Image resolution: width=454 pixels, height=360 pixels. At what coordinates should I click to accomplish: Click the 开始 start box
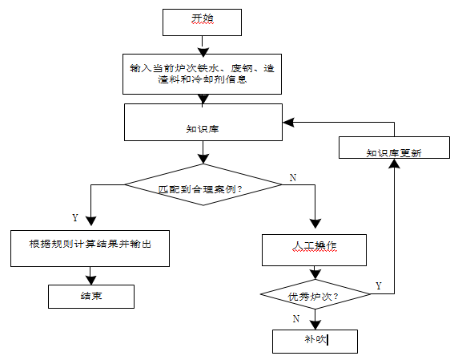pyautogui.click(x=202, y=22)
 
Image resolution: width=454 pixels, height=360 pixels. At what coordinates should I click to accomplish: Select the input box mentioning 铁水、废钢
pyautogui.click(x=203, y=75)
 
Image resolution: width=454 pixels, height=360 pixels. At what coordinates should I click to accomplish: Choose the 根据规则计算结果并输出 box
pyautogui.click(x=90, y=248)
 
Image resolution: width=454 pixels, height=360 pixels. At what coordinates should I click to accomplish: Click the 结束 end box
pyautogui.click(x=90, y=296)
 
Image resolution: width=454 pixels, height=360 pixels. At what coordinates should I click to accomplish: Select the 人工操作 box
pyautogui.click(x=315, y=249)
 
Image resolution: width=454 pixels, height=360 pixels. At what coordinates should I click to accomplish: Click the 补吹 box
pyautogui.click(x=315, y=341)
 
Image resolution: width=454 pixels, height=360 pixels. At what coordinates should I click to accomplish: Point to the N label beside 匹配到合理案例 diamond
pyautogui.click(x=292, y=177)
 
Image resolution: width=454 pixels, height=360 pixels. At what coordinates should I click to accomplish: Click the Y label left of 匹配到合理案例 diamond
pyautogui.click(x=75, y=218)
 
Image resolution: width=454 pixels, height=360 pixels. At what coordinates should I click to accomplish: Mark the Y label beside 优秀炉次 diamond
pyautogui.click(x=379, y=285)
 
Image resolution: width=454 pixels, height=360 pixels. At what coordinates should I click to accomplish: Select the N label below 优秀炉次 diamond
pyautogui.click(x=296, y=318)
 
